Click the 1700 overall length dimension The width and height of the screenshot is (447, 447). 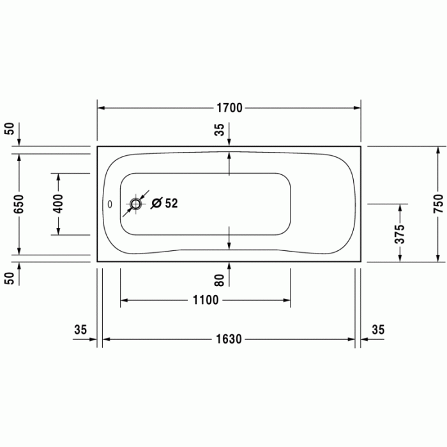tap(228, 108)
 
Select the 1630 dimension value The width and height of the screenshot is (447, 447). tap(228, 339)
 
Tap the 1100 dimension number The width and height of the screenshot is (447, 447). tap(205, 300)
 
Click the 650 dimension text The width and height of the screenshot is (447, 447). tap(19, 204)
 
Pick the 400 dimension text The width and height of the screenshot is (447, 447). tap(57, 204)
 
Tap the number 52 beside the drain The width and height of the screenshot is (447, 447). tap(171, 204)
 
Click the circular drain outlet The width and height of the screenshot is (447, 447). tap(135, 204)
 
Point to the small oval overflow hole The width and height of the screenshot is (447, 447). tap(110, 204)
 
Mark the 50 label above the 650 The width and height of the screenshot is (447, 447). tap(9, 127)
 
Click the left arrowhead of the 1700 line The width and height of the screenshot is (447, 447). tap(102, 108)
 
